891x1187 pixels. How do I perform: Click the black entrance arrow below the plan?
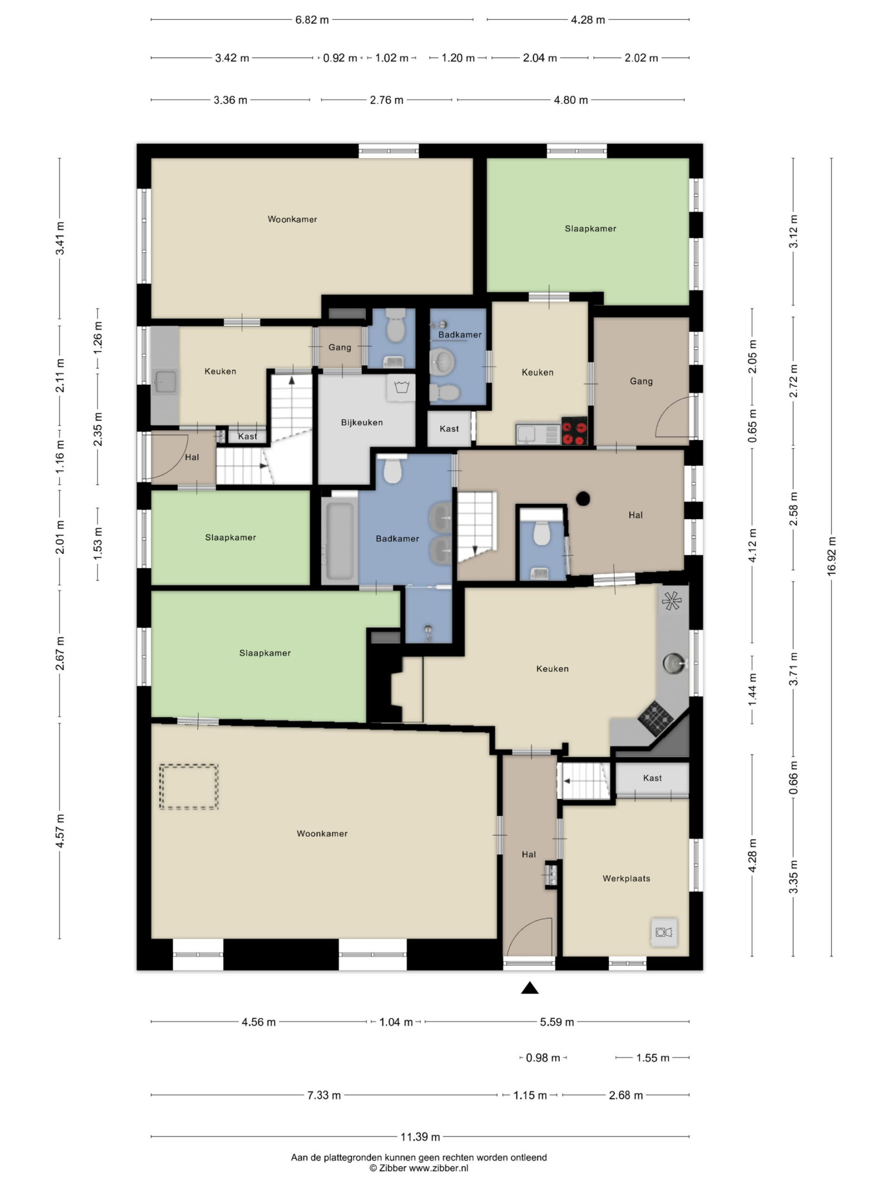tap(529, 988)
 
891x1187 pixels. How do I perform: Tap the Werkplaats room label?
tap(626, 879)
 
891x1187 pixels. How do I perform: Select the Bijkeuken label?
tap(362, 422)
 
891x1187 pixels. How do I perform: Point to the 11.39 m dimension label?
tap(420, 1136)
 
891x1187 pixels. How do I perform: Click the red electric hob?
tap(574, 431)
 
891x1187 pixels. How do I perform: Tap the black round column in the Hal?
tap(583, 498)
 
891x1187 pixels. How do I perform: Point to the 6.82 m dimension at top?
tap(312, 20)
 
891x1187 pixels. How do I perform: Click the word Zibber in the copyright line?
tap(392, 1168)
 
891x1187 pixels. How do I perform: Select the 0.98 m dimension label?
tap(543, 1058)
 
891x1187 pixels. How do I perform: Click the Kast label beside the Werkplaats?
tap(652, 778)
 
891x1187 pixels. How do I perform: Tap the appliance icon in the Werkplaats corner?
tap(664, 932)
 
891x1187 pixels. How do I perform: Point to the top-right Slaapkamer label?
tap(590, 229)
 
